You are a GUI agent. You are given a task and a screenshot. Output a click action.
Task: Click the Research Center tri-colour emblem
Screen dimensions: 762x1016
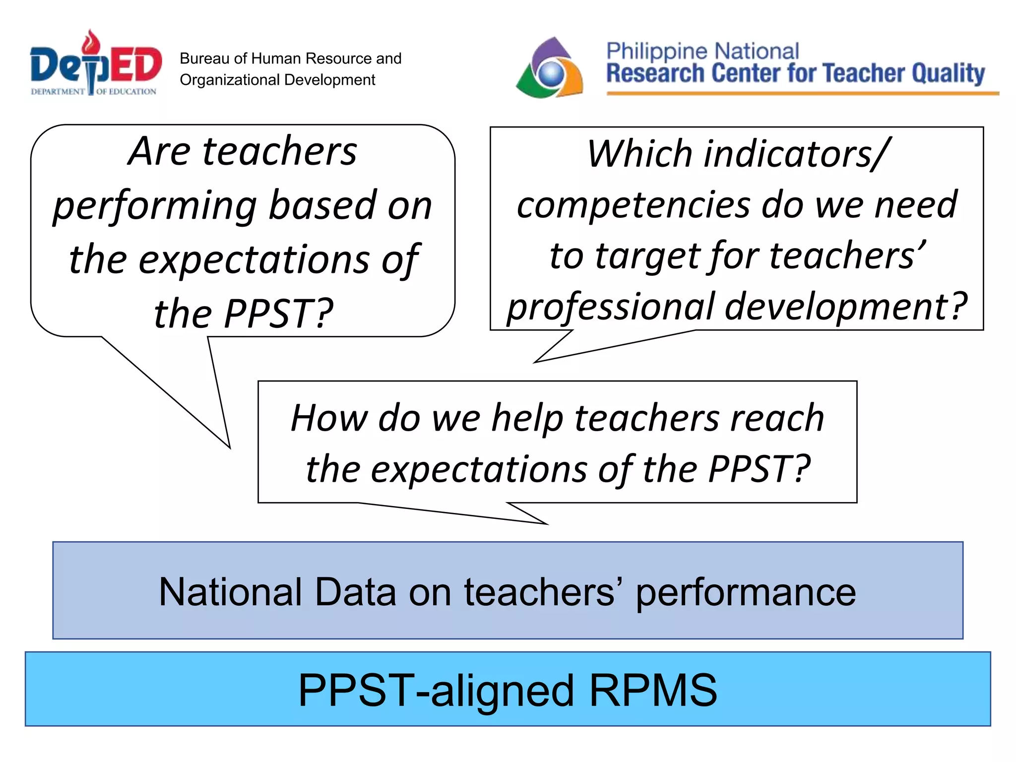[550, 68]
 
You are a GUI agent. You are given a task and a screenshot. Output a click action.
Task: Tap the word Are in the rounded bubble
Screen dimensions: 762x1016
[159, 151]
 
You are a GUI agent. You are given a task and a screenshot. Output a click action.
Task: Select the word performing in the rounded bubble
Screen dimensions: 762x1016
[155, 206]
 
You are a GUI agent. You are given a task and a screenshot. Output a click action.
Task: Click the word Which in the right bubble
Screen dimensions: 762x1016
[639, 154]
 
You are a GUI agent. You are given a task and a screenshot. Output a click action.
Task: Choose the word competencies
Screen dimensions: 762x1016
[633, 205]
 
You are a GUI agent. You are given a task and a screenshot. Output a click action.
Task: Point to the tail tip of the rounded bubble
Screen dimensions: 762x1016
[230, 447]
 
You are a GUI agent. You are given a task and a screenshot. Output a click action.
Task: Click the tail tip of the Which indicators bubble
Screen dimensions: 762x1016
[535, 363]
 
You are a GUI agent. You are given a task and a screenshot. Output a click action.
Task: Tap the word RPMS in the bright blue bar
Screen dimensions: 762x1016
[652, 690]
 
